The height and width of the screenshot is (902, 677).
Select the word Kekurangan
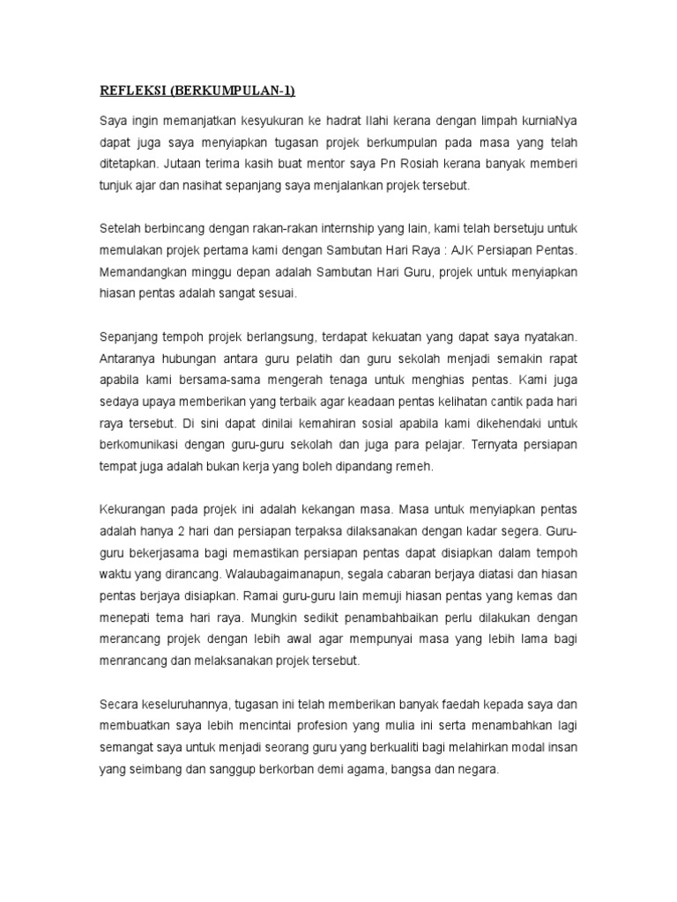(135, 510)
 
